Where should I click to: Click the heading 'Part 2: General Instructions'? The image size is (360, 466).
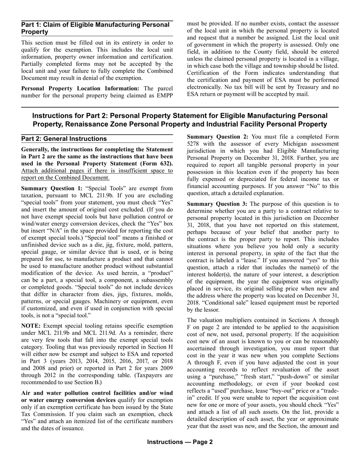64,139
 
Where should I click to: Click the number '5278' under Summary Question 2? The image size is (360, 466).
194,144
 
